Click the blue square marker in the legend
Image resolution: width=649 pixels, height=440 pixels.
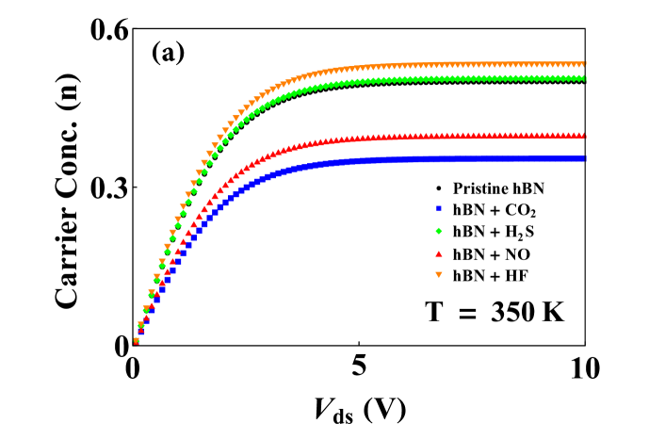(x=439, y=208)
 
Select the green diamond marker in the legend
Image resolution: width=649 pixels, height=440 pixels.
(x=439, y=231)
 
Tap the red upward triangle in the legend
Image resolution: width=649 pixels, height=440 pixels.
(x=439, y=253)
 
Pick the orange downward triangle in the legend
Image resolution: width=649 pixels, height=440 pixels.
(x=439, y=275)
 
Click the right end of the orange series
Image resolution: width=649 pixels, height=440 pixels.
(x=584, y=64)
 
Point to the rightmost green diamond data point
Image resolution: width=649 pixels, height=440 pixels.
(x=584, y=78)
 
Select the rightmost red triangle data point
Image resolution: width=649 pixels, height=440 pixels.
(x=584, y=136)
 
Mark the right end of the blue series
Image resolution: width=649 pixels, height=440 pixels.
(x=584, y=158)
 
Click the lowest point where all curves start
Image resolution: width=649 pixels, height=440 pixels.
(x=137, y=341)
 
